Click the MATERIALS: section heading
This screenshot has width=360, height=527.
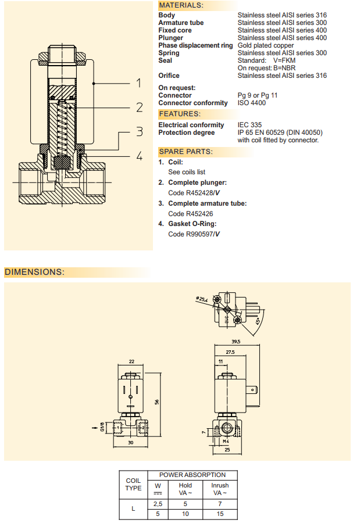(x=181, y=5)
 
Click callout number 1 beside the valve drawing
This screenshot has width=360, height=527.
(x=139, y=83)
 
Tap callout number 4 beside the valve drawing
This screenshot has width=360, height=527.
(x=139, y=156)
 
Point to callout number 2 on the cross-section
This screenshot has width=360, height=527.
(x=139, y=107)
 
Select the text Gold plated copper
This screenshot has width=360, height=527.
(x=266, y=45)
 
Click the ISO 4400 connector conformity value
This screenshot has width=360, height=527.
(x=252, y=103)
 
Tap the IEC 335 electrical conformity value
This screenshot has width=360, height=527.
(x=249, y=125)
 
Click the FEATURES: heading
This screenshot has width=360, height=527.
(x=179, y=114)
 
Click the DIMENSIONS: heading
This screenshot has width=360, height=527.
(x=34, y=272)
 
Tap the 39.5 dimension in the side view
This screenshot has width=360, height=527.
(x=236, y=342)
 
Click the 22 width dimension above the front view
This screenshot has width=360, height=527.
(x=131, y=361)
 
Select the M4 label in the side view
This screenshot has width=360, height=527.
(x=227, y=441)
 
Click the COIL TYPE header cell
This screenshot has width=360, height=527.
(x=133, y=485)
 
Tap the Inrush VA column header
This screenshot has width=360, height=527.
(x=220, y=489)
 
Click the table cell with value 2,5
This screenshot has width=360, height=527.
(x=157, y=504)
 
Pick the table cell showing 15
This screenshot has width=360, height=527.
(x=220, y=514)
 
